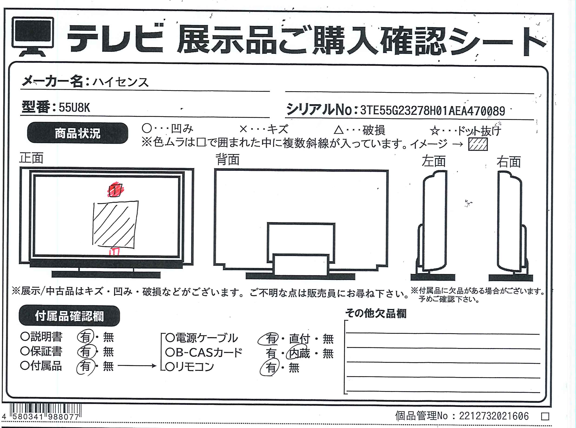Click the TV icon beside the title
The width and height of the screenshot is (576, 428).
click(33, 36)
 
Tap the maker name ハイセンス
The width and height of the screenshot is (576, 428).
click(121, 82)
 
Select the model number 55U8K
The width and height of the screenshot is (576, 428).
click(74, 107)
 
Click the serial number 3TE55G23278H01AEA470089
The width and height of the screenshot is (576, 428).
click(432, 111)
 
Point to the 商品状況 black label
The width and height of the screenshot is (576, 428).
click(78, 133)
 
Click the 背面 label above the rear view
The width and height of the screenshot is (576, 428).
click(228, 160)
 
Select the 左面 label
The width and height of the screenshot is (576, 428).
click(434, 161)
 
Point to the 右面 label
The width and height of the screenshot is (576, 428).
click(509, 162)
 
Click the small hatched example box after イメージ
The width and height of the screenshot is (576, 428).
click(478, 144)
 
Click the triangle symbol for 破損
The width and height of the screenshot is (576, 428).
click(339, 130)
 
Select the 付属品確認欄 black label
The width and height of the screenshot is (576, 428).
click(69, 316)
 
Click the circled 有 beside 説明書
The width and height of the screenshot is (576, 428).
click(85, 337)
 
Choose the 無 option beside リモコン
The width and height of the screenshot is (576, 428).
click(294, 368)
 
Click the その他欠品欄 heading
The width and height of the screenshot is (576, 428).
click(376, 314)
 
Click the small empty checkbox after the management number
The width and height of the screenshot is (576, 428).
click(545, 417)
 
